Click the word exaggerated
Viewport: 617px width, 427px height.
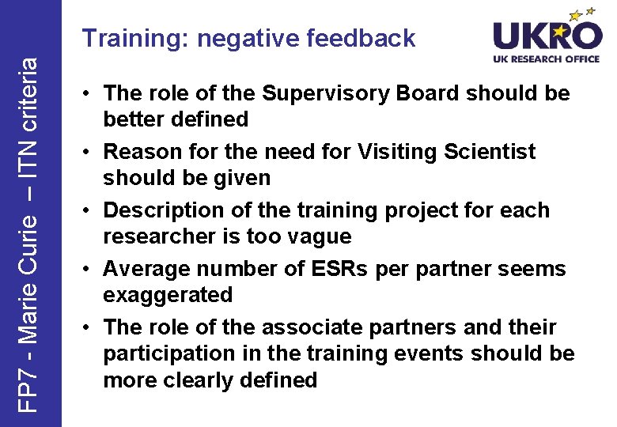click(168, 296)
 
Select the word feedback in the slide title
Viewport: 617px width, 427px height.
click(363, 38)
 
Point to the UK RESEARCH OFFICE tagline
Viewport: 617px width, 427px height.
click(547, 59)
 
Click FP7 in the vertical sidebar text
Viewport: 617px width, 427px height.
click(29, 394)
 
